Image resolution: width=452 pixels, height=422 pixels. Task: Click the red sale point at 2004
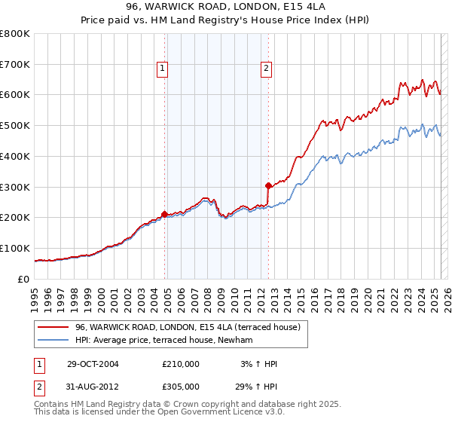[x=164, y=214]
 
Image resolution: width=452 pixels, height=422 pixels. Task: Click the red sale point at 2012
[x=268, y=185]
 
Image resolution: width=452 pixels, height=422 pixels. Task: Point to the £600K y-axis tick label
[x=15, y=95]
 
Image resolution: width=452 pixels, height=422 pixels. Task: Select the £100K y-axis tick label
[x=15, y=248]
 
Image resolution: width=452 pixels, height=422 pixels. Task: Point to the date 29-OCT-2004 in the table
[x=93, y=364]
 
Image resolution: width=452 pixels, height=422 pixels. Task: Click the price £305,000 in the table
[x=181, y=386]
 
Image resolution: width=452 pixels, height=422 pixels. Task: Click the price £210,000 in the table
[x=181, y=364]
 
